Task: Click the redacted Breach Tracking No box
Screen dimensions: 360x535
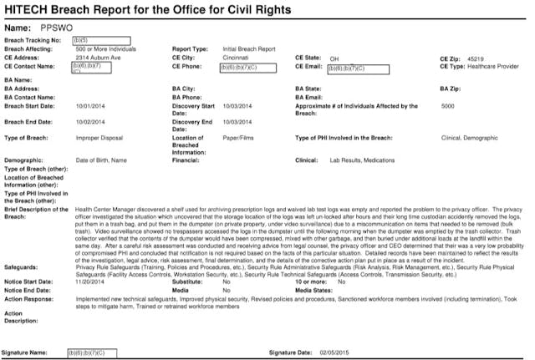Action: [99, 40]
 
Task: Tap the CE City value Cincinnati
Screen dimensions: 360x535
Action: [237, 57]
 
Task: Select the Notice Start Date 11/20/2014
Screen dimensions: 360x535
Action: [90, 283]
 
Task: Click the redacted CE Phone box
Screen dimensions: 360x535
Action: [250, 66]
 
